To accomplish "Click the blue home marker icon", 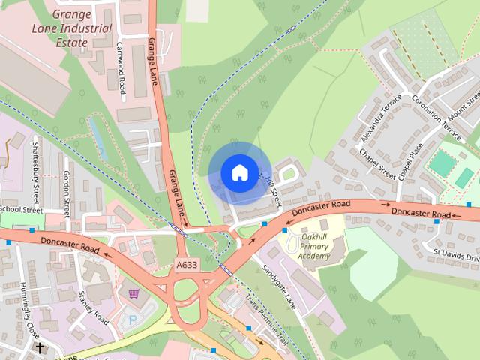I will tap(238, 172).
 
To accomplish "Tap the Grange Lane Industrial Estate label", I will tap(71, 28).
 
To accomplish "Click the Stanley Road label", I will tap(93, 304).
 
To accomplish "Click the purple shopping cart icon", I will tap(133, 294).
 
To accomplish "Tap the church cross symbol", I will tap(39, 348).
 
